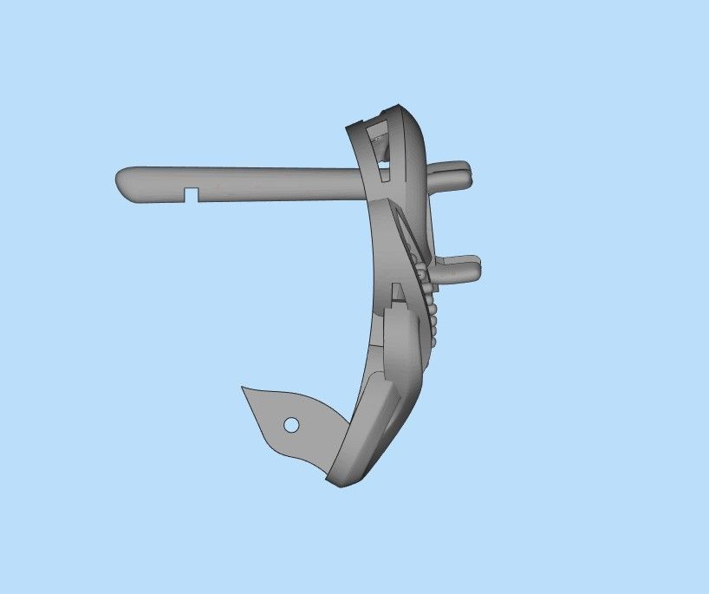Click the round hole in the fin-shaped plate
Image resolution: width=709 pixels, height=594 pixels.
(x=291, y=425)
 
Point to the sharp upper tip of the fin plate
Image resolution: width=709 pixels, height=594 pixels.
(x=244, y=388)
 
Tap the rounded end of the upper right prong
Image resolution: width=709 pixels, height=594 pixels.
(x=468, y=171)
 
